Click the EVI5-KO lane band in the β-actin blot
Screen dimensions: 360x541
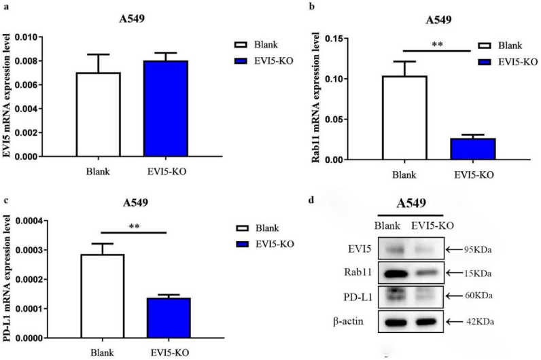pyautogui.click(x=425, y=320)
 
